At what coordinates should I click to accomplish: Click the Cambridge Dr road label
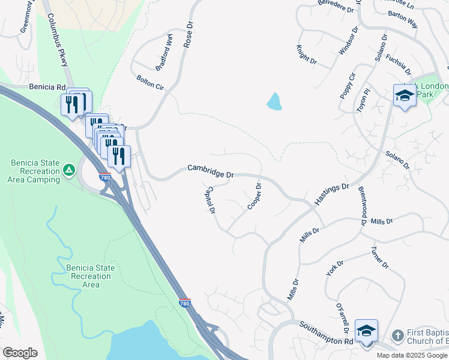pyautogui.click(x=210, y=171)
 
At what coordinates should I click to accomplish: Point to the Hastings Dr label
pyautogui.click(x=332, y=194)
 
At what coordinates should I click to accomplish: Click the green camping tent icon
pyautogui.click(x=70, y=170)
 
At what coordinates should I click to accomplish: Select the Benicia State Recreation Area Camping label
pyautogui.click(x=35, y=171)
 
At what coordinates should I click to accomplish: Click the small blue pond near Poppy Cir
pyautogui.click(x=274, y=101)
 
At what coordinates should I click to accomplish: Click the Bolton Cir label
pyautogui.click(x=150, y=82)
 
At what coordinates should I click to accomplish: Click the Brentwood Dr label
pyautogui.click(x=363, y=205)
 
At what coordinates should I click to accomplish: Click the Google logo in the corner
pyautogui.click(x=20, y=353)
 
